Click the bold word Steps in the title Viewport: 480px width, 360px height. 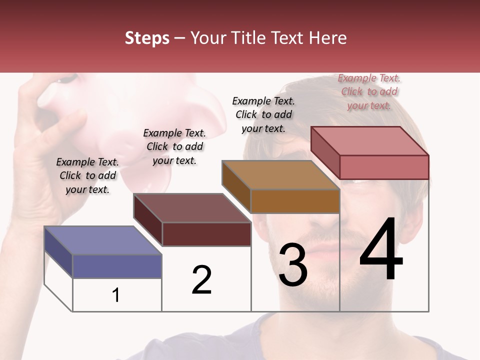click(x=147, y=38)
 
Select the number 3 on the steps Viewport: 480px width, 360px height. click(x=292, y=265)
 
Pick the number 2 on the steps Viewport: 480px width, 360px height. click(x=201, y=280)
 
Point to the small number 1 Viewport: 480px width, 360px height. click(x=115, y=295)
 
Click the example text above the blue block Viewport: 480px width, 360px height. click(x=87, y=175)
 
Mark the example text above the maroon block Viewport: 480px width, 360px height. click(x=174, y=146)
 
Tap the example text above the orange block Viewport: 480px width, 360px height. click(x=263, y=114)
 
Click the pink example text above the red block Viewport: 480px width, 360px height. click(x=369, y=91)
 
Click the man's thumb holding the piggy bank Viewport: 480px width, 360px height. click(x=75, y=125)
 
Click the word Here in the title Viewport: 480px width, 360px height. click(x=328, y=38)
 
